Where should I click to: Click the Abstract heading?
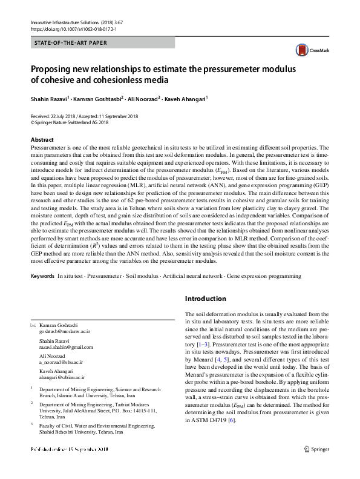click(42, 140)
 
